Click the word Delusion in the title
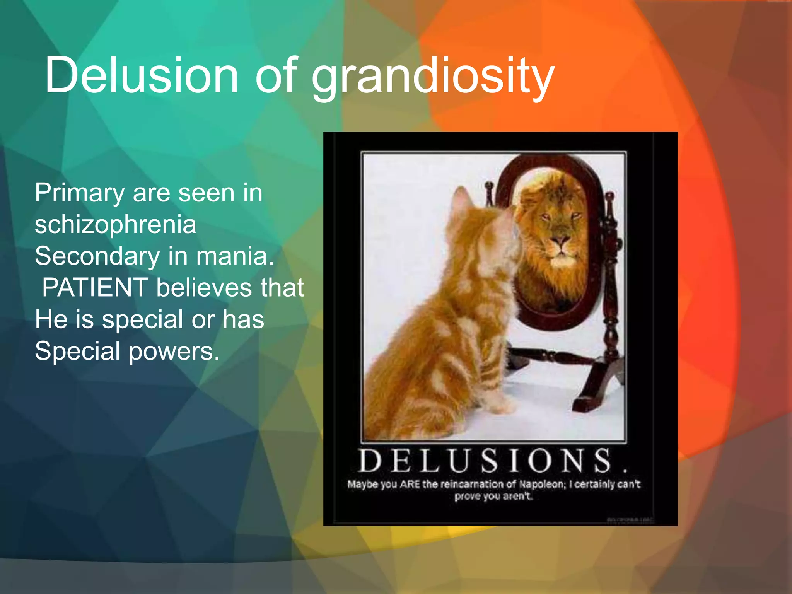(142, 75)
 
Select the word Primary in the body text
(79, 193)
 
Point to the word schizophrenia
(115, 225)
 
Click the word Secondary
(97, 256)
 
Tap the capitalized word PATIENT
(95, 288)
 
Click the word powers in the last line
(174, 352)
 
